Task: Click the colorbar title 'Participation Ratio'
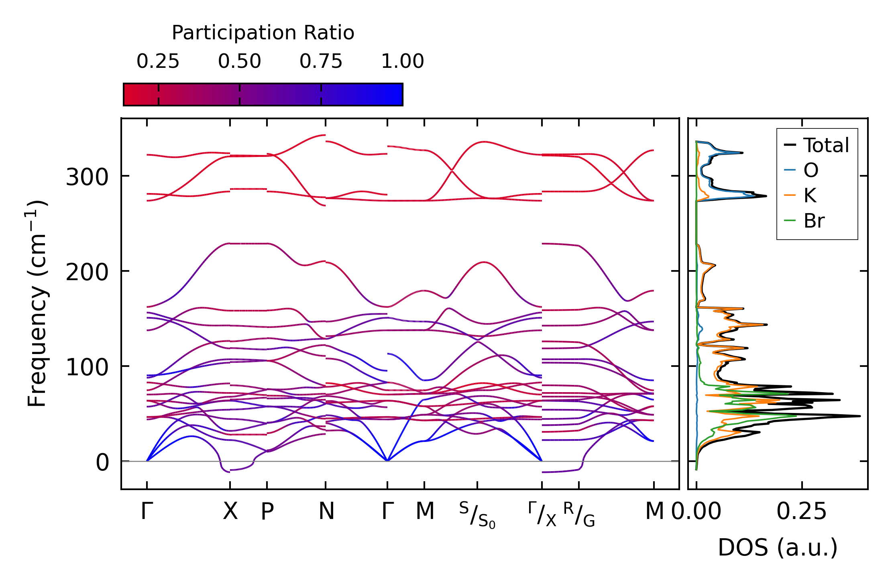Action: (263, 33)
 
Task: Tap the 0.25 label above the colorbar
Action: (158, 61)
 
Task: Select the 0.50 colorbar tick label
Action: (240, 61)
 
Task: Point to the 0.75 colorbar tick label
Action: (321, 61)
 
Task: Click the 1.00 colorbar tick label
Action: (402, 61)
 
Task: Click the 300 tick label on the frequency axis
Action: (87, 177)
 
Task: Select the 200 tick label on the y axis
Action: (87, 272)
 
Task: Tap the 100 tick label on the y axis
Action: (87, 367)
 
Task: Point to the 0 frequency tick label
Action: (102, 462)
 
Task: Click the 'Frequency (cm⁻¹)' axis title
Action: (37, 304)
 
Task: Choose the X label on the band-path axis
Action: (230, 511)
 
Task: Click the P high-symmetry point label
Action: (267, 511)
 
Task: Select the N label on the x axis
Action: (326, 511)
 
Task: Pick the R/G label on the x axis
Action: (579, 515)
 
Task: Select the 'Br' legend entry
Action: (814, 221)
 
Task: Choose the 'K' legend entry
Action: (810, 195)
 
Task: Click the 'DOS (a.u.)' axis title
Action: (778, 547)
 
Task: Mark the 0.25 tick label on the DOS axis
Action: (802, 511)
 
